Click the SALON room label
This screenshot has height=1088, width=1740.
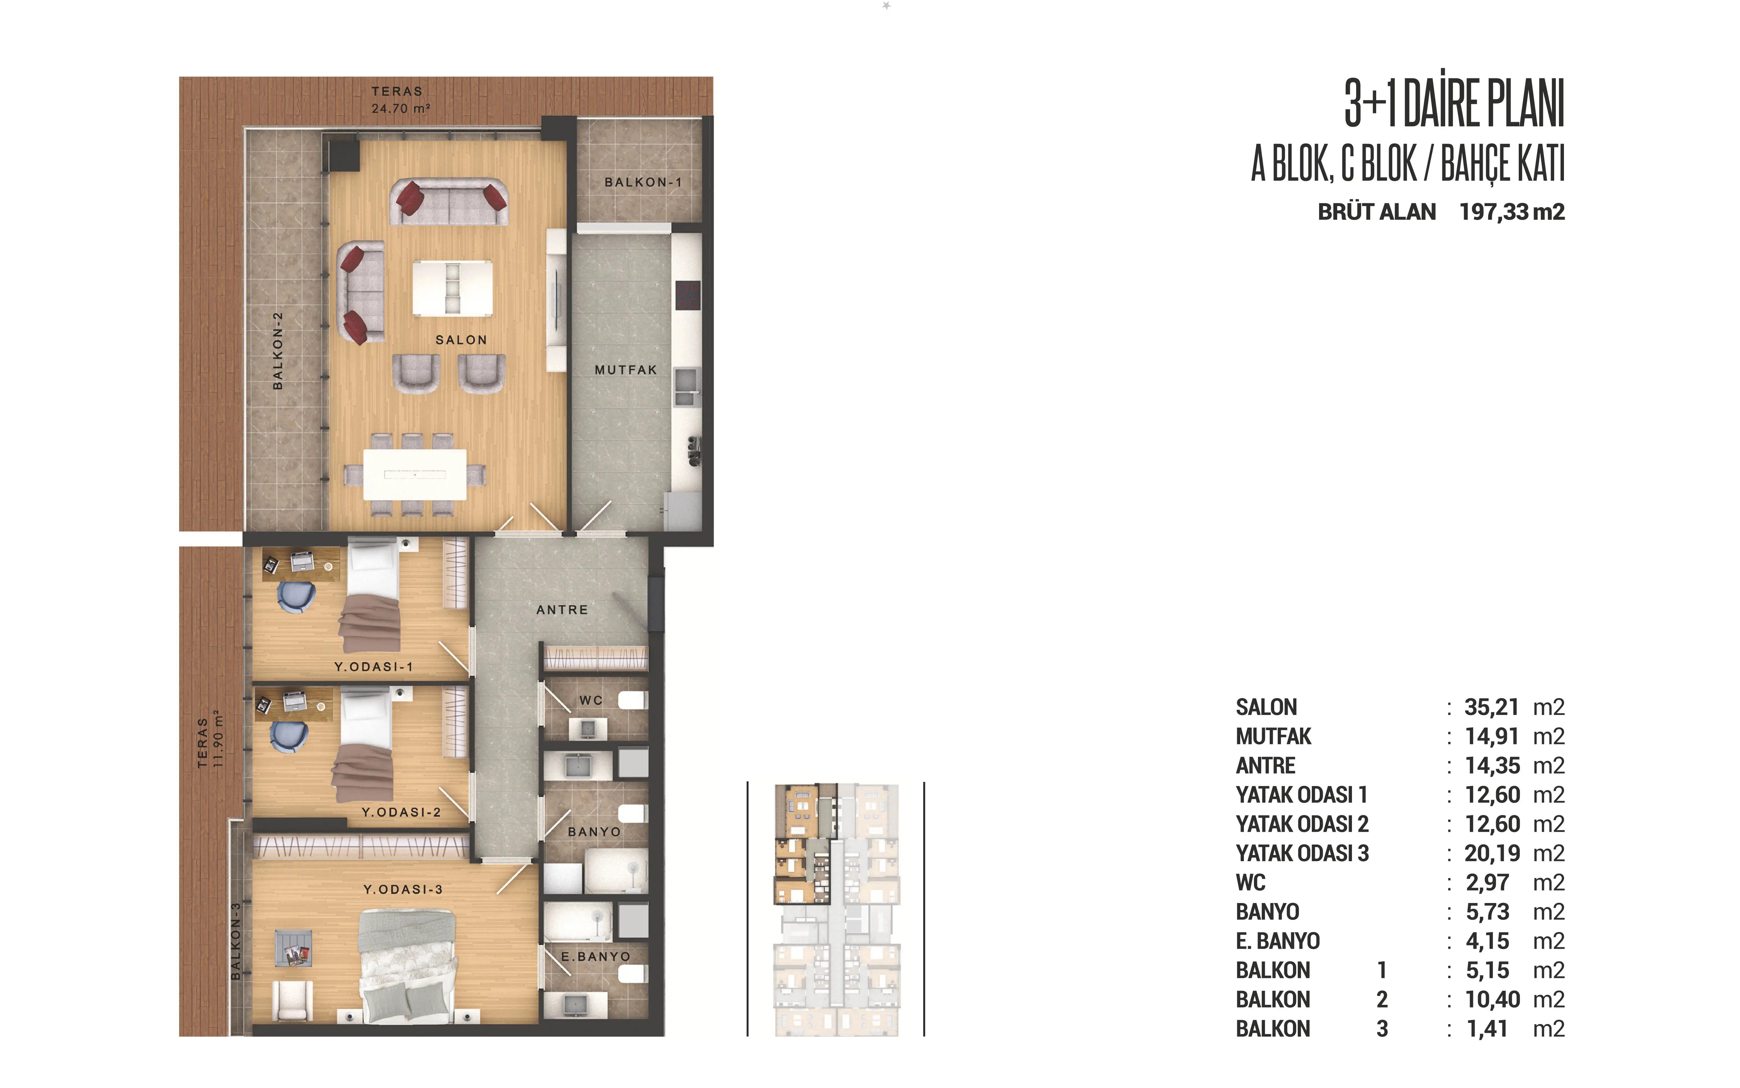pyautogui.click(x=461, y=340)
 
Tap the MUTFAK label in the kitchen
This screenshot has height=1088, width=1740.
pyautogui.click(x=625, y=370)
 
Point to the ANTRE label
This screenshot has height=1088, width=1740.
pyautogui.click(x=562, y=609)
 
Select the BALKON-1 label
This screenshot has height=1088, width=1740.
pyautogui.click(x=643, y=182)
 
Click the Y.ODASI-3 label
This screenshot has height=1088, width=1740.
pyautogui.click(x=403, y=889)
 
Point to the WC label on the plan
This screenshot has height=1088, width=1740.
pyautogui.click(x=591, y=700)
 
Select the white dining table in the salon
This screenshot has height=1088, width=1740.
pyautogui.click(x=414, y=474)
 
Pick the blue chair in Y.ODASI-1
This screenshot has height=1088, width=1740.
pyautogui.click(x=296, y=596)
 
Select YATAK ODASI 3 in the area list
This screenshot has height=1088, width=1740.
pyautogui.click(x=1302, y=853)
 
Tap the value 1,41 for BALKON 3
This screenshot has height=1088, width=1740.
pyautogui.click(x=1487, y=1029)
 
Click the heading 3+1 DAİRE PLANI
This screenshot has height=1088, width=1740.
pyautogui.click(x=1454, y=104)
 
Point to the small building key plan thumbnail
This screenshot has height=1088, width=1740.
pyautogui.click(x=836, y=909)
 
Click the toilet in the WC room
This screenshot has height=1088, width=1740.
pyautogui.click(x=633, y=700)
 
